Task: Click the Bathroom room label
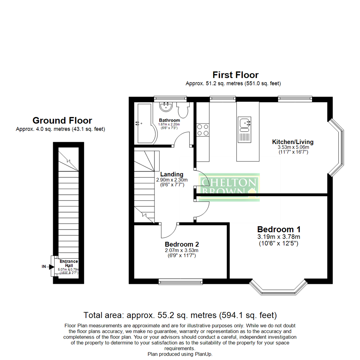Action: [169, 120]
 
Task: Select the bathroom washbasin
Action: [165, 107]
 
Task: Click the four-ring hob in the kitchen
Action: [203, 130]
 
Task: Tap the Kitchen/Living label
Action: [293, 142]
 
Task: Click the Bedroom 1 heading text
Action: [279, 229]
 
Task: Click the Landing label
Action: [172, 174]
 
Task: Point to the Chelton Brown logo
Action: [229, 187]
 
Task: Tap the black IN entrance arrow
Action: [51, 267]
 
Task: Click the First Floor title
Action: [236, 75]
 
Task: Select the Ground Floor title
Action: [62, 120]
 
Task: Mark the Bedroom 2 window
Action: [180, 282]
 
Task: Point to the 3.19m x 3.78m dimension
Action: [279, 237]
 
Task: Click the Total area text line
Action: [180, 315]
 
